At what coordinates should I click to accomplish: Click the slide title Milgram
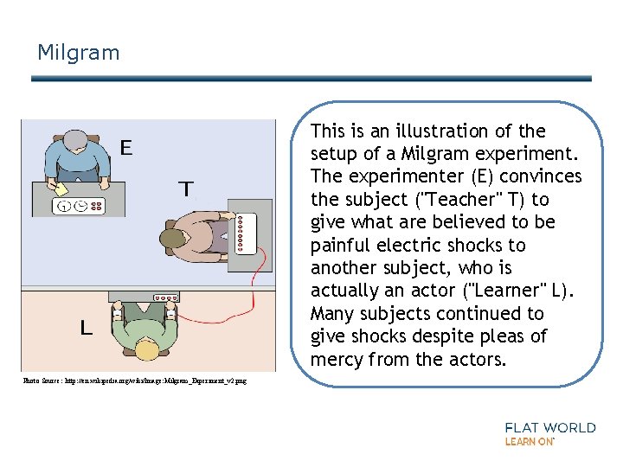[78, 53]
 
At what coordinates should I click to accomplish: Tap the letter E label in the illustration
[126, 149]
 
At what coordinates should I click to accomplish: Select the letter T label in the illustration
[185, 189]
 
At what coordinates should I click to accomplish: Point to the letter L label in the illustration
[86, 329]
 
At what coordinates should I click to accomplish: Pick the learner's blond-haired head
[146, 349]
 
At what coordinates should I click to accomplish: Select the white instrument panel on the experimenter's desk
[80, 207]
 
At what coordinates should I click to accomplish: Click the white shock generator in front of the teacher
[247, 234]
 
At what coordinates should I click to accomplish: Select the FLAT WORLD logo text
[550, 427]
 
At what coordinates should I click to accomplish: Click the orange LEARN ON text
[529, 442]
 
